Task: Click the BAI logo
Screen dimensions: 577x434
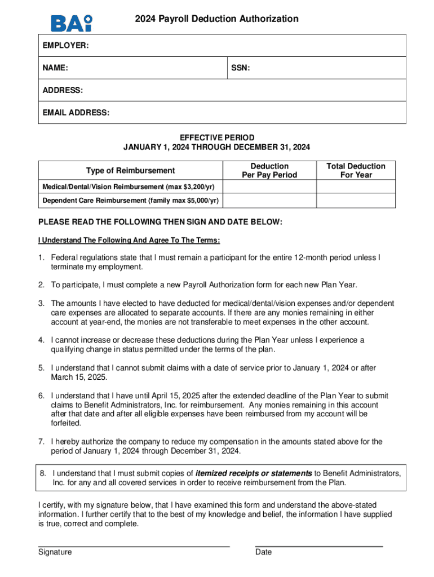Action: point(72,23)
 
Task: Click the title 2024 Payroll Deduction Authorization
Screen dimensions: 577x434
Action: point(216,19)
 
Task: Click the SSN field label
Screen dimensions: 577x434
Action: point(241,68)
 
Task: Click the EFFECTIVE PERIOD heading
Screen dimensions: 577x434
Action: point(217,137)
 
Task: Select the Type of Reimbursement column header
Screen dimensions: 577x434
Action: point(130,170)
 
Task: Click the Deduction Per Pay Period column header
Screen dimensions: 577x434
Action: point(269,170)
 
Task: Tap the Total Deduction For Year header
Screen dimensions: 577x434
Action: point(356,170)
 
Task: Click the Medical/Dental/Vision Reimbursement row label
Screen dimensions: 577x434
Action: point(130,187)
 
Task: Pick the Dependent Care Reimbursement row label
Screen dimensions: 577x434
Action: point(130,201)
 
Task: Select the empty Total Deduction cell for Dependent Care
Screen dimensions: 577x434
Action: point(356,201)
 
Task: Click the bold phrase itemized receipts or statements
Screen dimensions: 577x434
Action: point(254,473)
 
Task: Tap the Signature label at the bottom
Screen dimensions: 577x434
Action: point(55,552)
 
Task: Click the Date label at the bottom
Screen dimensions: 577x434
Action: point(263,552)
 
